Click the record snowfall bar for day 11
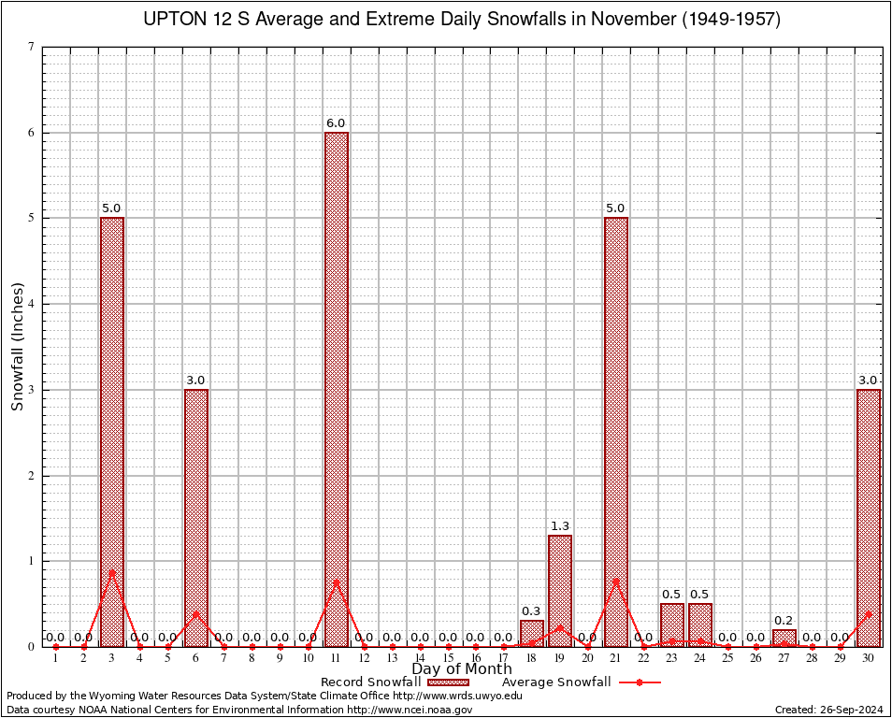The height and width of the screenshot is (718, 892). (336, 389)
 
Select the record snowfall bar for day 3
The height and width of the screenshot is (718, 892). (112, 431)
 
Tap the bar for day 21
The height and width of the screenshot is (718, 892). (616, 431)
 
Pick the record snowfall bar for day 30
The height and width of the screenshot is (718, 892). (869, 517)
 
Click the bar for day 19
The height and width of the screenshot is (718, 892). (560, 590)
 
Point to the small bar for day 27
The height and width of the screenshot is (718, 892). (784, 638)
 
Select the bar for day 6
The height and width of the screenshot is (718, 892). (196, 517)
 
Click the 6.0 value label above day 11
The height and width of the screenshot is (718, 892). (336, 123)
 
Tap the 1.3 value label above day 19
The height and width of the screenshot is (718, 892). (560, 526)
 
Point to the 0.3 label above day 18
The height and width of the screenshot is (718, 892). (531, 611)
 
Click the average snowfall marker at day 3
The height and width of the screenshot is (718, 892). (112, 572)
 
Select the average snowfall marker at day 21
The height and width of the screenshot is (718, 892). (616, 581)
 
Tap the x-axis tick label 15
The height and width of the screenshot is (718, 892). (448, 659)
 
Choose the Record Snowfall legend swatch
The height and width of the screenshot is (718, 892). (448, 682)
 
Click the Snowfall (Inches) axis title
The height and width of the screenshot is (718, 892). (18, 347)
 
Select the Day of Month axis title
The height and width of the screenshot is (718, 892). (461, 669)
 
